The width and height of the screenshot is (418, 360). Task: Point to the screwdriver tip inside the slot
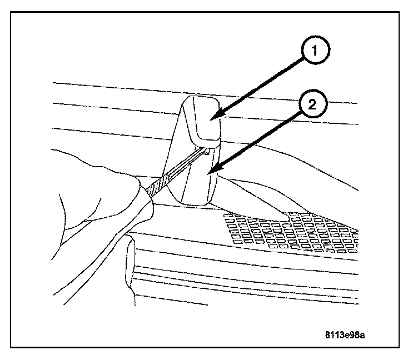point(206,150)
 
